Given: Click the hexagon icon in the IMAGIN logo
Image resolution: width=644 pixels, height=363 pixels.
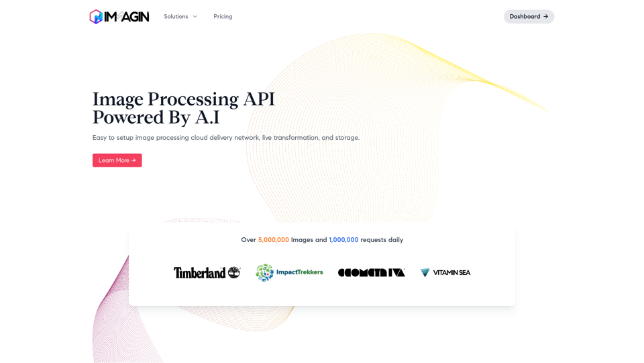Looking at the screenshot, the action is click(x=96, y=16).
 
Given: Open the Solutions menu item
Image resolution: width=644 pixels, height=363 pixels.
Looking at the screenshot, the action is click(x=176, y=16).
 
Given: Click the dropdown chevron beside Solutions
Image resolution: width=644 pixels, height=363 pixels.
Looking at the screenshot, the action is click(x=195, y=16).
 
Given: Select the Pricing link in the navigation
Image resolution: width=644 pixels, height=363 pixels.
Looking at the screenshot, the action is click(x=223, y=16).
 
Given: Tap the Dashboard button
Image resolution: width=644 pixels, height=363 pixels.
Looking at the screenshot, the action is click(x=529, y=16).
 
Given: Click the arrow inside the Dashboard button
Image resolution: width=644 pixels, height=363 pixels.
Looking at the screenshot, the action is click(x=546, y=16).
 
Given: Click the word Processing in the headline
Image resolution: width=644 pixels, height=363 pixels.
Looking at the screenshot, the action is click(x=193, y=99).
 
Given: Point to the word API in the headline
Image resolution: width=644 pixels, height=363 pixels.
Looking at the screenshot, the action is click(x=259, y=99).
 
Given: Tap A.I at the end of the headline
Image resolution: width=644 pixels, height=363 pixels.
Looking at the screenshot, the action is click(x=207, y=117).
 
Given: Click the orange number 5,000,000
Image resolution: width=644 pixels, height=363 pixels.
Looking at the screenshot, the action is click(x=274, y=239).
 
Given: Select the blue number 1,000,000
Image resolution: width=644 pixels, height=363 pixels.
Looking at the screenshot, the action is click(x=343, y=239).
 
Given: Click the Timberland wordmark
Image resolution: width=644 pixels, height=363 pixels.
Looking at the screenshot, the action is click(x=200, y=272).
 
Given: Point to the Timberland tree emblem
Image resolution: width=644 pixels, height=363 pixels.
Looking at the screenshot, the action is click(x=234, y=272).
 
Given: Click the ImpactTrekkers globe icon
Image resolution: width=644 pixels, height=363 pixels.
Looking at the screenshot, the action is click(x=264, y=272).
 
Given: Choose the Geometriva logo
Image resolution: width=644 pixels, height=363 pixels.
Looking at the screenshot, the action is click(x=371, y=272).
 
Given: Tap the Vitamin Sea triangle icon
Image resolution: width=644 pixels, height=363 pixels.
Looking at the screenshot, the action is click(x=425, y=272).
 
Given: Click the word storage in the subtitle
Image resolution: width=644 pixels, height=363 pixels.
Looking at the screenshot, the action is click(x=347, y=138).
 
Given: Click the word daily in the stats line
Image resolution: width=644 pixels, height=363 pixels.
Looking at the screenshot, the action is click(x=396, y=240).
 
